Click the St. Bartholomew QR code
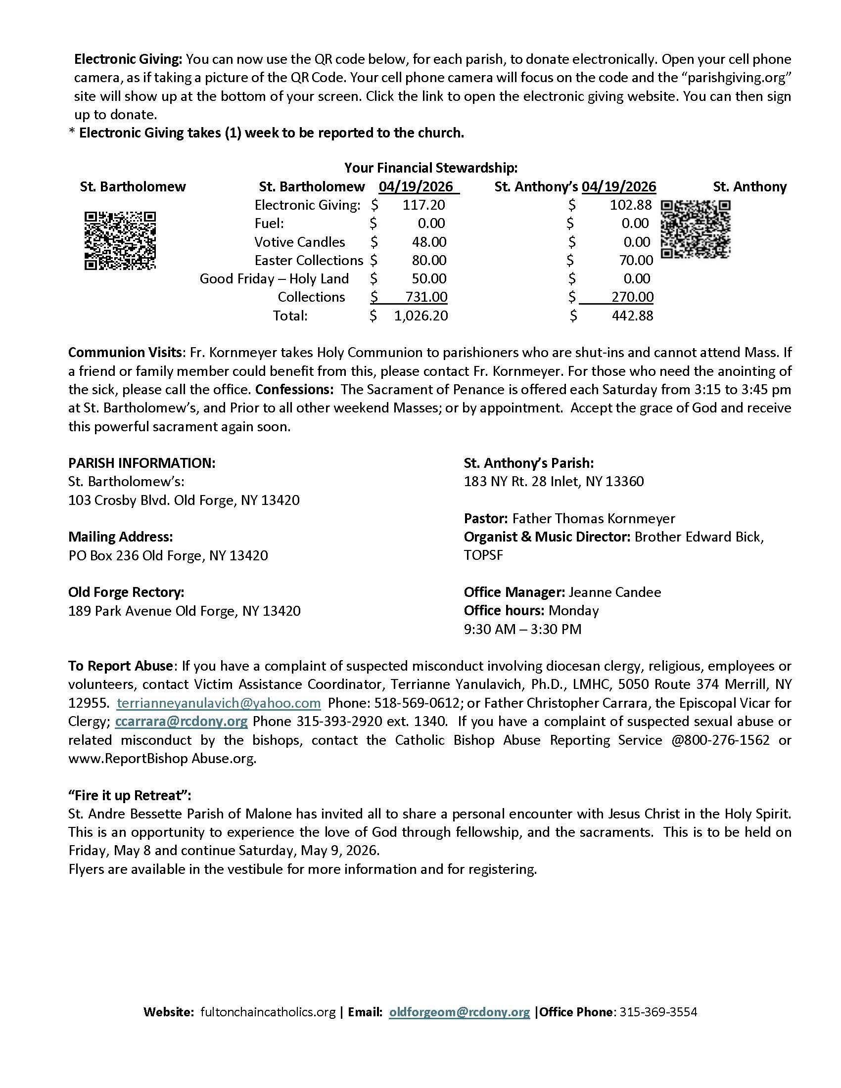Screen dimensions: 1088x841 pos(120,241)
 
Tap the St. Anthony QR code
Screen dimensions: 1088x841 pos(696,228)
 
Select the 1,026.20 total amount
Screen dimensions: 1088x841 pos(421,316)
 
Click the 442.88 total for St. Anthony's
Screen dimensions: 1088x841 pos(632,316)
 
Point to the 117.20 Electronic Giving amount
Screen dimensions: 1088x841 pos(423,205)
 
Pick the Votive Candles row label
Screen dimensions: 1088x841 pos(299,242)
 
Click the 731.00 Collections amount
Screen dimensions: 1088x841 pos(426,297)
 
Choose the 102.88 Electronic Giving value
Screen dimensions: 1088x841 pos(631,205)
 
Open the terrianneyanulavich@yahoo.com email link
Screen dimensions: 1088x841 pos(219,703)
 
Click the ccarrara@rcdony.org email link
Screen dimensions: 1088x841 pos(182,722)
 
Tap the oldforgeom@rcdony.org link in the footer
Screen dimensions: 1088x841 pos(460,1012)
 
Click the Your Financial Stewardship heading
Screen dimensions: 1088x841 pos(430,168)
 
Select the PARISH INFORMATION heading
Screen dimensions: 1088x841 pos(142,463)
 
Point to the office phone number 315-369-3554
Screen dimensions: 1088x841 pos(658,1012)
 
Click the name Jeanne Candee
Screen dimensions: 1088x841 pos(615,592)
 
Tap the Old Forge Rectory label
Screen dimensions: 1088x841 pos(126,592)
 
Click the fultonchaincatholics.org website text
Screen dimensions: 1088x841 pos(268,1012)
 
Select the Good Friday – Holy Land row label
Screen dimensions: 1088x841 pos(274,279)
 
